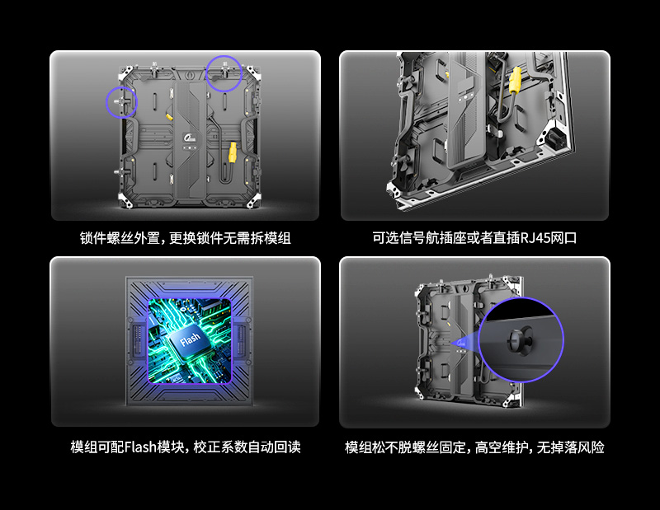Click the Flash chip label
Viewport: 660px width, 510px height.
[191, 339]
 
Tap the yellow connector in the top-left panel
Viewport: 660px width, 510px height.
[233, 152]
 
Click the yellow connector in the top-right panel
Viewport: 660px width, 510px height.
[515, 80]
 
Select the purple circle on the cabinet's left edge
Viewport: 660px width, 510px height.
[121, 102]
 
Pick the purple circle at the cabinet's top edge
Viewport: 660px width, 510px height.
[224, 73]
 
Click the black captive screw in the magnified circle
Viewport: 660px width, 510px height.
[521, 339]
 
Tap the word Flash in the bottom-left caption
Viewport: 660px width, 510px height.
[140, 447]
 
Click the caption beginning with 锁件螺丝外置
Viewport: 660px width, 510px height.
[185, 238]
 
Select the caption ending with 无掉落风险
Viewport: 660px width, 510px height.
[474, 447]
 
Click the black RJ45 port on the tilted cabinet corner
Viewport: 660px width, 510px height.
[554, 138]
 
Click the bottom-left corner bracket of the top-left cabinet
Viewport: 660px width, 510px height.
[126, 200]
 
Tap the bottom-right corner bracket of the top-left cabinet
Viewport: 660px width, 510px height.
[253, 200]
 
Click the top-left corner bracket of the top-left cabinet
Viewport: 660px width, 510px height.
[126, 73]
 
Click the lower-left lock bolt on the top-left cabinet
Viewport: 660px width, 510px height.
[119, 171]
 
